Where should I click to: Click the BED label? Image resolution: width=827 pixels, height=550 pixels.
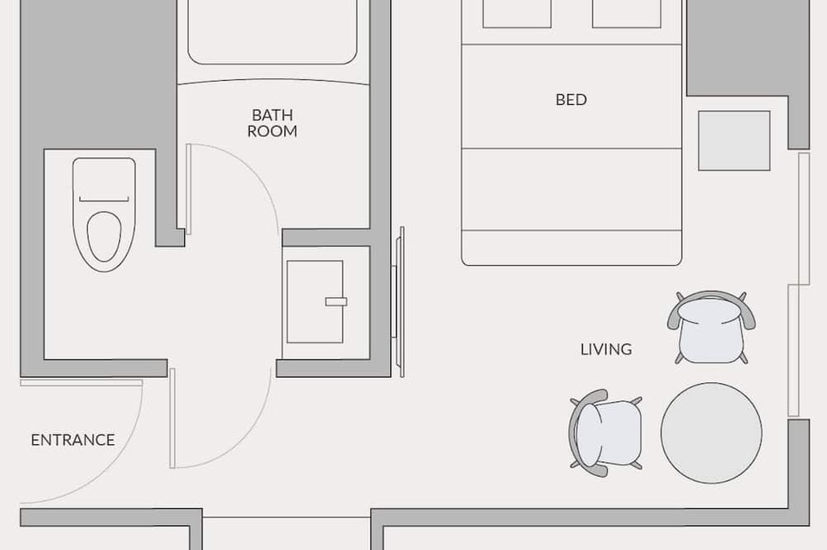[x=571, y=100]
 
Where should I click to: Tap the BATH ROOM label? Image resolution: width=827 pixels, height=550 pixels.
[x=272, y=123]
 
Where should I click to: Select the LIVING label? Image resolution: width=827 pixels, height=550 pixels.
[x=606, y=349]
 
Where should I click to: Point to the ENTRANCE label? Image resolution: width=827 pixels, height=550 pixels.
[x=72, y=440]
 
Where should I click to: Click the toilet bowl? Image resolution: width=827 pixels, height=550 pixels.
[x=104, y=237]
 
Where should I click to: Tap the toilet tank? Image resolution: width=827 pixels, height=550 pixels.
[x=104, y=180]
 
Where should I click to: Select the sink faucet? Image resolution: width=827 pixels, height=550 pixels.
[x=336, y=302]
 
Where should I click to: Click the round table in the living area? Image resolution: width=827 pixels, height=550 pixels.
[x=712, y=433]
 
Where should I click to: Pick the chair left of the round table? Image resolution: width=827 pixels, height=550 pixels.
[x=606, y=433]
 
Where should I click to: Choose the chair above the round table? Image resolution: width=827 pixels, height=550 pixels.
[x=711, y=327]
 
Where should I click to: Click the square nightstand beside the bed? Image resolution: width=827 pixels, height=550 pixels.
[x=734, y=140]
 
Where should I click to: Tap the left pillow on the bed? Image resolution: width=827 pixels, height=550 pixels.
[x=517, y=14]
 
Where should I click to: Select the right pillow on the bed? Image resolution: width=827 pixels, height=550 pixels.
[x=626, y=14]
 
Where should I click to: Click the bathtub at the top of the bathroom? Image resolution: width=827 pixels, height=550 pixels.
[x=272, y=32]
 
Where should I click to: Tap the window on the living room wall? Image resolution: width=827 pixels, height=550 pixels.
[x=799, y=285]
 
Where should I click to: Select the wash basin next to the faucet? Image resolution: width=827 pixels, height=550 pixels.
[x=315, y=302]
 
